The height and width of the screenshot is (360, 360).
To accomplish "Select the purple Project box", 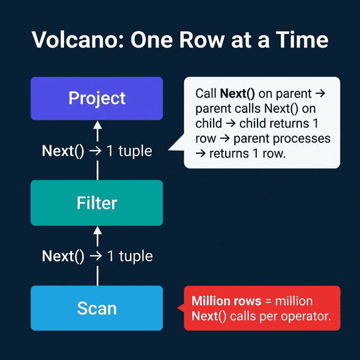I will [97, 98].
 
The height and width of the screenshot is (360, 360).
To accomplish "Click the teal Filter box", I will [97, 203].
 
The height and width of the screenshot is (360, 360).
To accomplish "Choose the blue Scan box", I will [97, 308].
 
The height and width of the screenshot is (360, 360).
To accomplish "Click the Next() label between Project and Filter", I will [63, 151].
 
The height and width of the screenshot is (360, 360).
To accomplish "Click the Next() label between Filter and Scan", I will [63, 256].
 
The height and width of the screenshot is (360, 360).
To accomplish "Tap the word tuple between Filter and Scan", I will [135, 256].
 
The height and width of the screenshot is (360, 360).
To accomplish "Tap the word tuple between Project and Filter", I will [135, 151].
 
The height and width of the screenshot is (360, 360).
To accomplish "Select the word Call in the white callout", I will [206, 94].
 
